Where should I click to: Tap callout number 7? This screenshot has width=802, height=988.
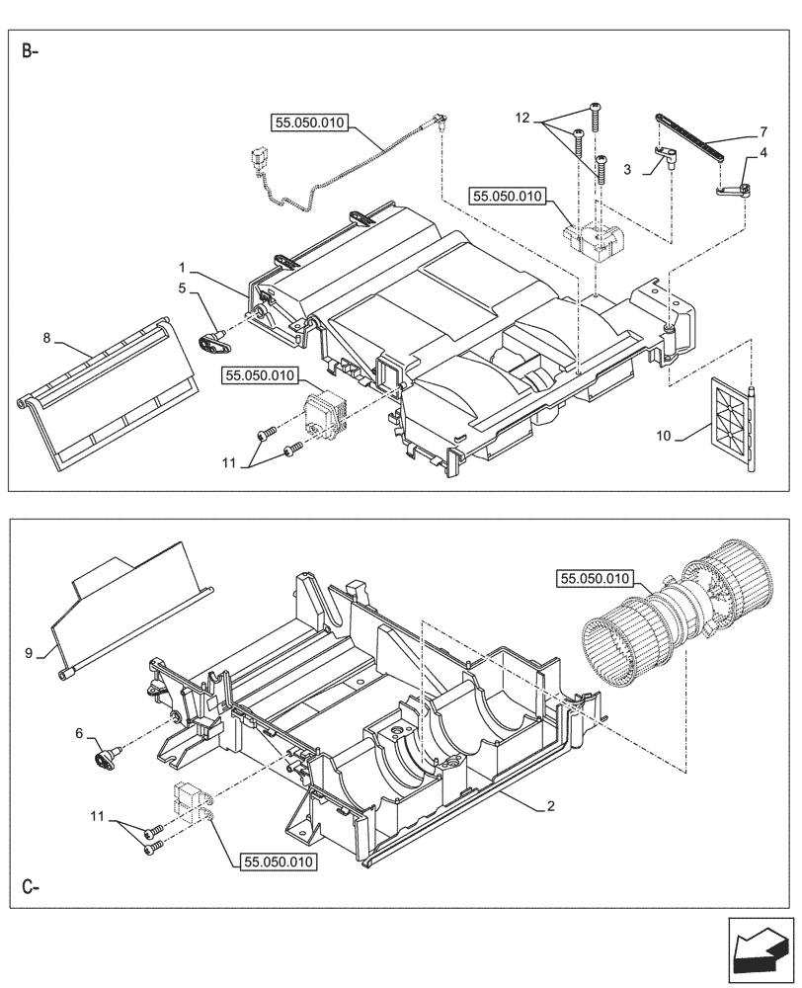click(x=763, y=131)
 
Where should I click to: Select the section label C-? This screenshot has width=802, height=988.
click(x=30, y=886)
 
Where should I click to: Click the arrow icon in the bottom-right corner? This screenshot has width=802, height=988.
click(x=760, y=948)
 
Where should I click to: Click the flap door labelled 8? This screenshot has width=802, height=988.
click(x=99, y=395)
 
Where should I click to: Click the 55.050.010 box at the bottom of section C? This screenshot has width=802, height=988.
click(x=277, y=863)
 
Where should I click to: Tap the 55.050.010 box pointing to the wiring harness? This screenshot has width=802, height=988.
click(x=308, y=123)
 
